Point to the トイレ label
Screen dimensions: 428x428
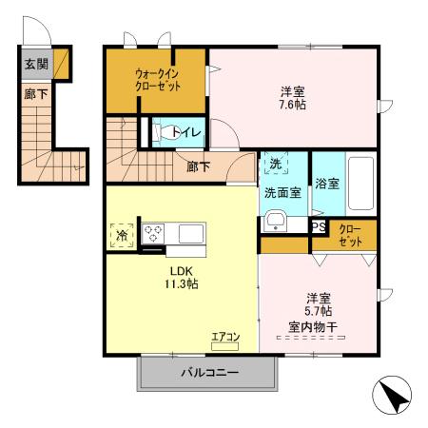pyautogui.click(x=187, y=133)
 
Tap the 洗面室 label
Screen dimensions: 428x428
pyautogui.click(x=282, y=192)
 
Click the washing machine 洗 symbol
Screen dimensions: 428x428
pyautogui.click(x=274, y=164)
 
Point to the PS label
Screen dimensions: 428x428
pyautogui.click(x=319, y=227)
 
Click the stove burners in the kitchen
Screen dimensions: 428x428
pyautogui.click(x=155, y=233)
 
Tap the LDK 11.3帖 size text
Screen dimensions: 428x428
pyautogui.click(x=178, y=283)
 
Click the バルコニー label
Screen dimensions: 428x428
pyautogui.click(x=209, y=373)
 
